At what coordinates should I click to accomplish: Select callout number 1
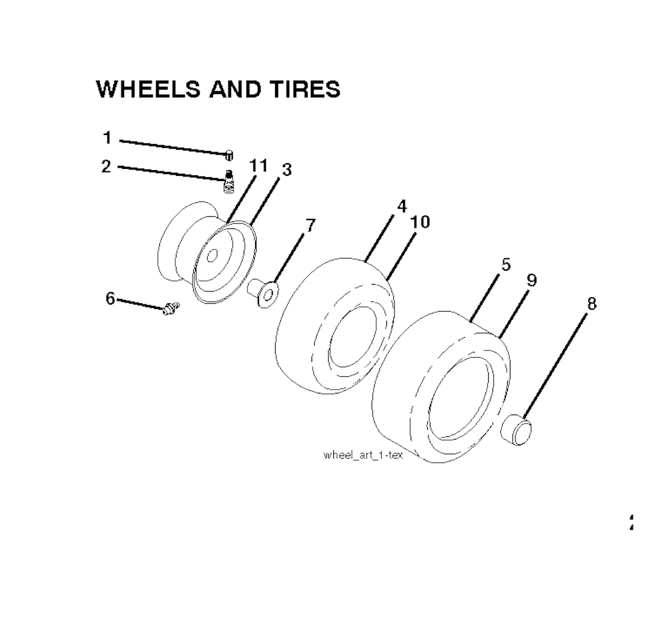tap(107, 138)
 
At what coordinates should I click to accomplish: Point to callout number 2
tap(107, 166)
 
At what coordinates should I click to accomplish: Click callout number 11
tap(258, 166)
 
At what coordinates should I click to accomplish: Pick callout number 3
tap(287, 170)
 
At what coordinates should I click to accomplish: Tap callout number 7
tap(311, 226)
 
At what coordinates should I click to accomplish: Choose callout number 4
tap(402, 206)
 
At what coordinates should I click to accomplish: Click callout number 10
tap(420, 222)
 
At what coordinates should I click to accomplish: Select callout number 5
tap(506, 264)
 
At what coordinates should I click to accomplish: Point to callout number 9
tap(532, 280)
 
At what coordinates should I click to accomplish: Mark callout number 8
tap(592, 304)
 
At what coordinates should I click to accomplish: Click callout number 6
tap(110, 298)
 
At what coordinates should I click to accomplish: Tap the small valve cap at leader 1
tap(229, 155)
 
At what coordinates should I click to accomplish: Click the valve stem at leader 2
tap(228, 181)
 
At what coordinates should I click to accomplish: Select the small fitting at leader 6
tap(171, 308)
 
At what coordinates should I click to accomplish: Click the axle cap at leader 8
tap(516, 429)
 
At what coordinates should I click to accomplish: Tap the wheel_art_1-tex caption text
tap(363, 455)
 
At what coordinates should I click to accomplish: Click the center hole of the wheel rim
tap(212, 256)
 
